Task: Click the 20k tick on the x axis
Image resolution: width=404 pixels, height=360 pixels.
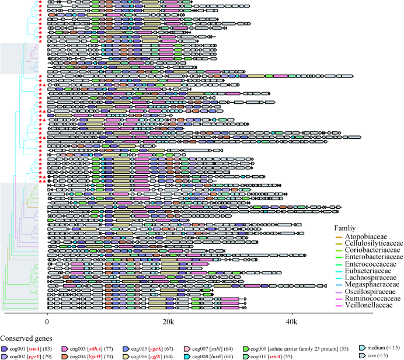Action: pyautogui.click(x=168, y=322)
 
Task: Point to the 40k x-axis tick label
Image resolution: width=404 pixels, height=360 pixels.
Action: pyautogui.click(x=291, y=322)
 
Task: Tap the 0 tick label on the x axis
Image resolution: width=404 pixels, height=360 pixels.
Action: pyautogui.click(x=47, y=322)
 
